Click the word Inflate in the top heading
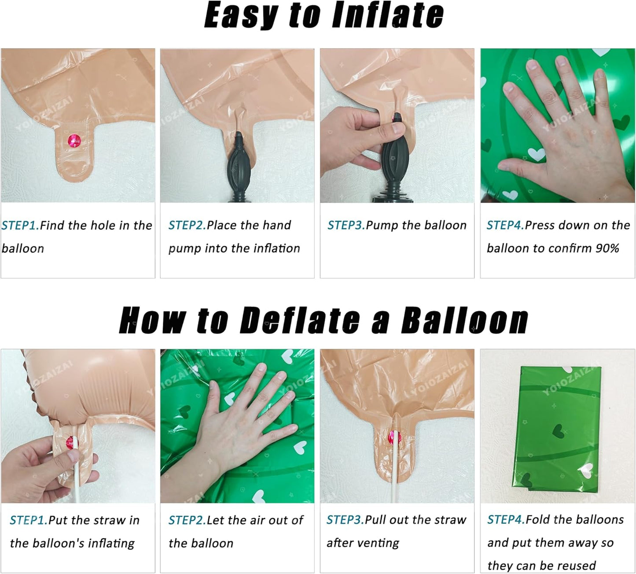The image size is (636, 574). tap(387, 15)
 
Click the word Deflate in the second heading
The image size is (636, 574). tap(299, 320)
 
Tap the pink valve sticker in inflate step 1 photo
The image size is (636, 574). tap(74, 141)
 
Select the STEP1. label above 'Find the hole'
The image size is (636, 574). tap(20, 226)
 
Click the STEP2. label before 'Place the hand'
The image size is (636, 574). tap(187, 226)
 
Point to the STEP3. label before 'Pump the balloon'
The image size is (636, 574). tap(346, 226)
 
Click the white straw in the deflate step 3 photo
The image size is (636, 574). tap(394, 467)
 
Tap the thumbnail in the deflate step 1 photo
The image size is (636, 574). tap(73, 456)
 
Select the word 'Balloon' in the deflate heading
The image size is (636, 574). tap(465, 320)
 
